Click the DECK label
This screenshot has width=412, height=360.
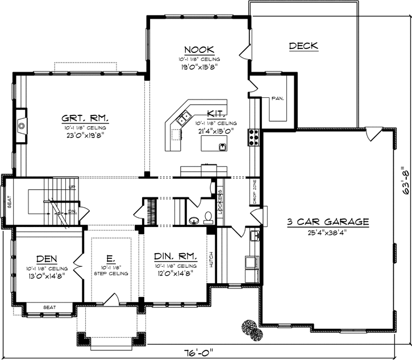303,46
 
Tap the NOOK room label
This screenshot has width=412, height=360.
198,50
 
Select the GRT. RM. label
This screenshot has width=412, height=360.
85,119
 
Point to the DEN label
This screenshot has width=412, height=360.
45,258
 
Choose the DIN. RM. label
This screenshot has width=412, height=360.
176,256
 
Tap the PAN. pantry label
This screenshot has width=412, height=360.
277,98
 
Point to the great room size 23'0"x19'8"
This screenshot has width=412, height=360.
85,135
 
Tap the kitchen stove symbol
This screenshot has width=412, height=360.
253,137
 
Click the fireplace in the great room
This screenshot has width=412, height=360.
21,125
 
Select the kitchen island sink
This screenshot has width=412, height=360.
222,147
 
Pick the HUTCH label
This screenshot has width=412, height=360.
211,260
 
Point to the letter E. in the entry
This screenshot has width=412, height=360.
111,256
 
